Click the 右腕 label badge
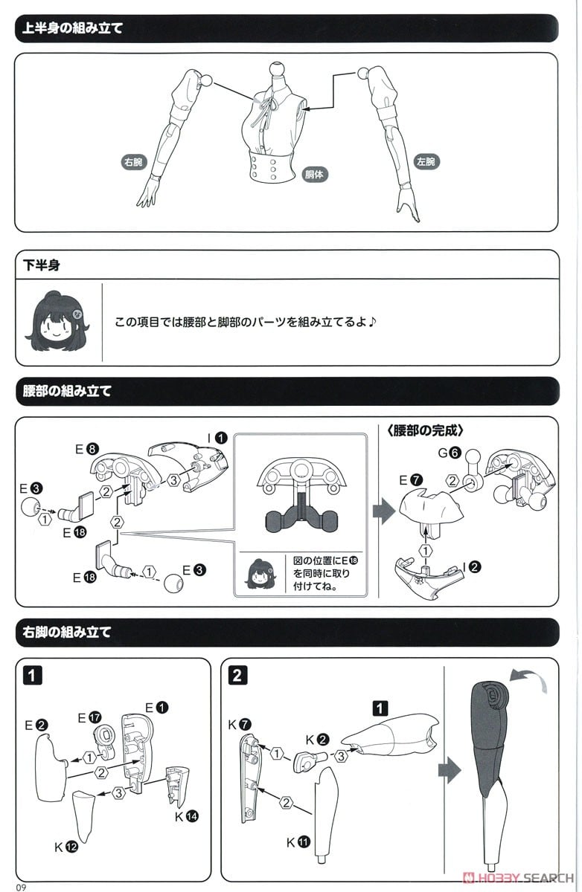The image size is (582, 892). [133, 162]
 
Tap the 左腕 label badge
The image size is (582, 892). [426, 161]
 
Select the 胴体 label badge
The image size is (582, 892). [315, 174]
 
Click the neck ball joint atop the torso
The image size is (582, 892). [277, 68]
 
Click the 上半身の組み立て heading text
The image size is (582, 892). [72, 28]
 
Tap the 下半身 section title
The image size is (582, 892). [42, 265]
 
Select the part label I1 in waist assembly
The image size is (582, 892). [217, 438]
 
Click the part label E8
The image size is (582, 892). [87, 449]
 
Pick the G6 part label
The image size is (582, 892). [450, 453]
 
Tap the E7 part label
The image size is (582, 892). [411, 480]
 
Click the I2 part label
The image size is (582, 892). [472, 566]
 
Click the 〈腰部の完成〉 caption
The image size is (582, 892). [426, 431]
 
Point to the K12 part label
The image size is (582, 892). [66, 847]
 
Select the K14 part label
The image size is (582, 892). [187, 816]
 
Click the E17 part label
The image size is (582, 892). [89, 717]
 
